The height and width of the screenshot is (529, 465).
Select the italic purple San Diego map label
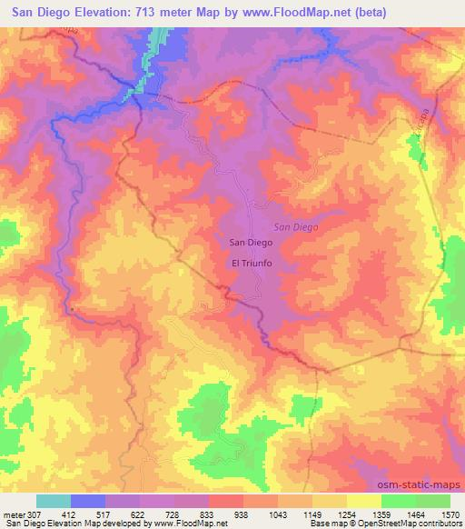296,226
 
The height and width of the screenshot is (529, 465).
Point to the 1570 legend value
450,514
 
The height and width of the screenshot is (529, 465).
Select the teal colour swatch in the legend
54,501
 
